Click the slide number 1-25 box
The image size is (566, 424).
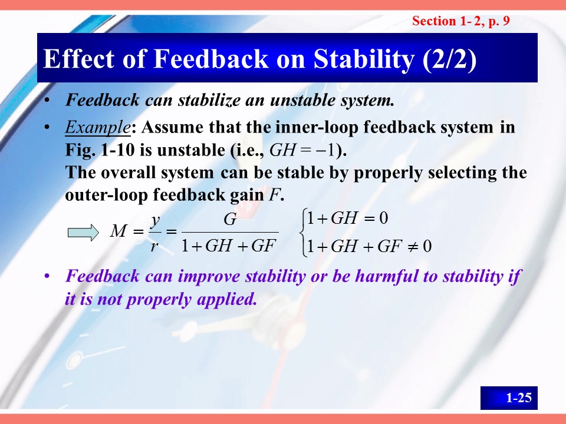coord(509,397)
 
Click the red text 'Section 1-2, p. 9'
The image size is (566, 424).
coord(461,21)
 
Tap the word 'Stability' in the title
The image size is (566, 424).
coord(364,59)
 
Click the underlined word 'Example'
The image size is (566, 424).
coord(97,128)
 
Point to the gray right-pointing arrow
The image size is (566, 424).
coord(83,232)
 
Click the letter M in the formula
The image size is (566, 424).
coord(119,231)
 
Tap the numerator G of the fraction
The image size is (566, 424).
coord(230,219)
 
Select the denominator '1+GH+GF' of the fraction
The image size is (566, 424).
coord(229,246)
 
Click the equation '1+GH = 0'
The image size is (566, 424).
coord(347,218)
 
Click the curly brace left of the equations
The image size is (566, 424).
coord(304,233)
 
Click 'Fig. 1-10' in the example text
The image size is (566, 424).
coord(100,150)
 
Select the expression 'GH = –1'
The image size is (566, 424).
coord(302,150)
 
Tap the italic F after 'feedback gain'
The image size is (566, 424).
coord(274,195)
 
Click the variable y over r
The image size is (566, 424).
coord(156,220)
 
